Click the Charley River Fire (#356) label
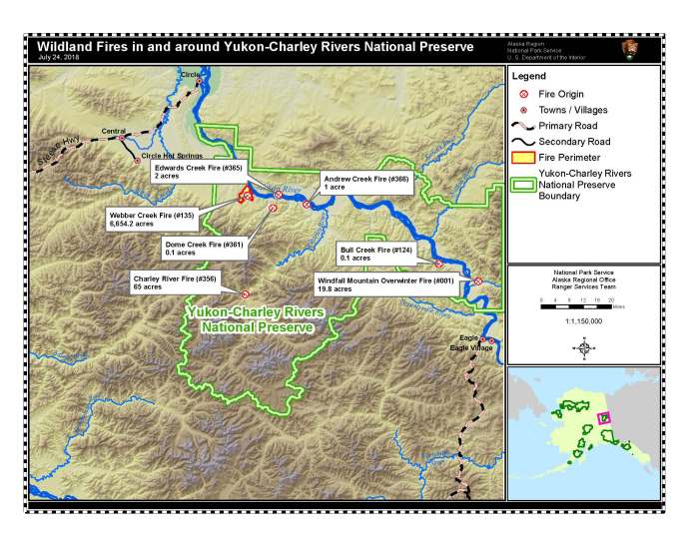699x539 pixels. point(161,281)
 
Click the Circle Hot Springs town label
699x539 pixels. point(172,157)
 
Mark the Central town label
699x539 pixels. point(114,131)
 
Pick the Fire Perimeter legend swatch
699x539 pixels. point(523,158)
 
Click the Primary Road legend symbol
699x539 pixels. point(523,126)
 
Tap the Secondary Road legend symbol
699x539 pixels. point(523,142)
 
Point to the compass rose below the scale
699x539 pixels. point(584,347)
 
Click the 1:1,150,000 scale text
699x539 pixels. point(584,321)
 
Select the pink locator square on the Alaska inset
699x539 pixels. point(602,417)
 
